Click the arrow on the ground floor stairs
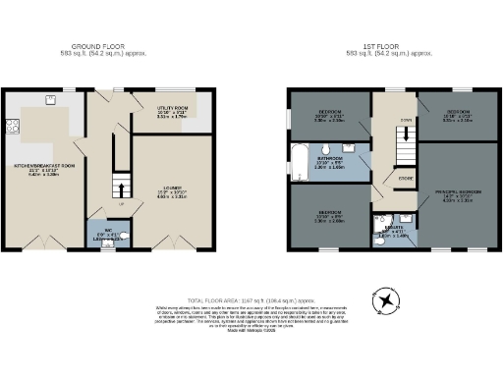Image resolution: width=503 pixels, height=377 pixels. tap(120, 188)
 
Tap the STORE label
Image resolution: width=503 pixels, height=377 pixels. tap(404, 179)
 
